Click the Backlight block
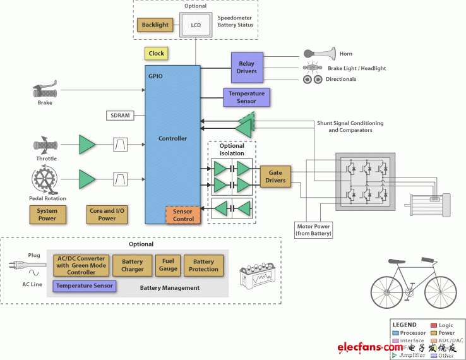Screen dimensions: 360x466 (155, 25)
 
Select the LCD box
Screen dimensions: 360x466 (195, 26)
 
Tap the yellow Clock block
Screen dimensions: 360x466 (156, 54)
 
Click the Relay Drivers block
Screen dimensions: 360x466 (246, 67)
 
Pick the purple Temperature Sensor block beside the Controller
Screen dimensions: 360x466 (246, 97)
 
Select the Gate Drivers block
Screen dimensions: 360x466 (275, 176)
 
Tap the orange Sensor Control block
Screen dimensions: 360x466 (182, 215)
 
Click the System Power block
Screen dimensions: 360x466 (47, 215)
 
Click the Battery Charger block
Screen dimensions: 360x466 (133, 265)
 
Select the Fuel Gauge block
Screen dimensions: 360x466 (168, 265)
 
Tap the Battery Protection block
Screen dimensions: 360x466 (203, 265)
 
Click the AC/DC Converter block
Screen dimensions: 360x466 (81, 265)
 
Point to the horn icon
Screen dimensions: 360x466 (319, 54)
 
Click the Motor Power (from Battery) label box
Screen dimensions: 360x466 (314, 229)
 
